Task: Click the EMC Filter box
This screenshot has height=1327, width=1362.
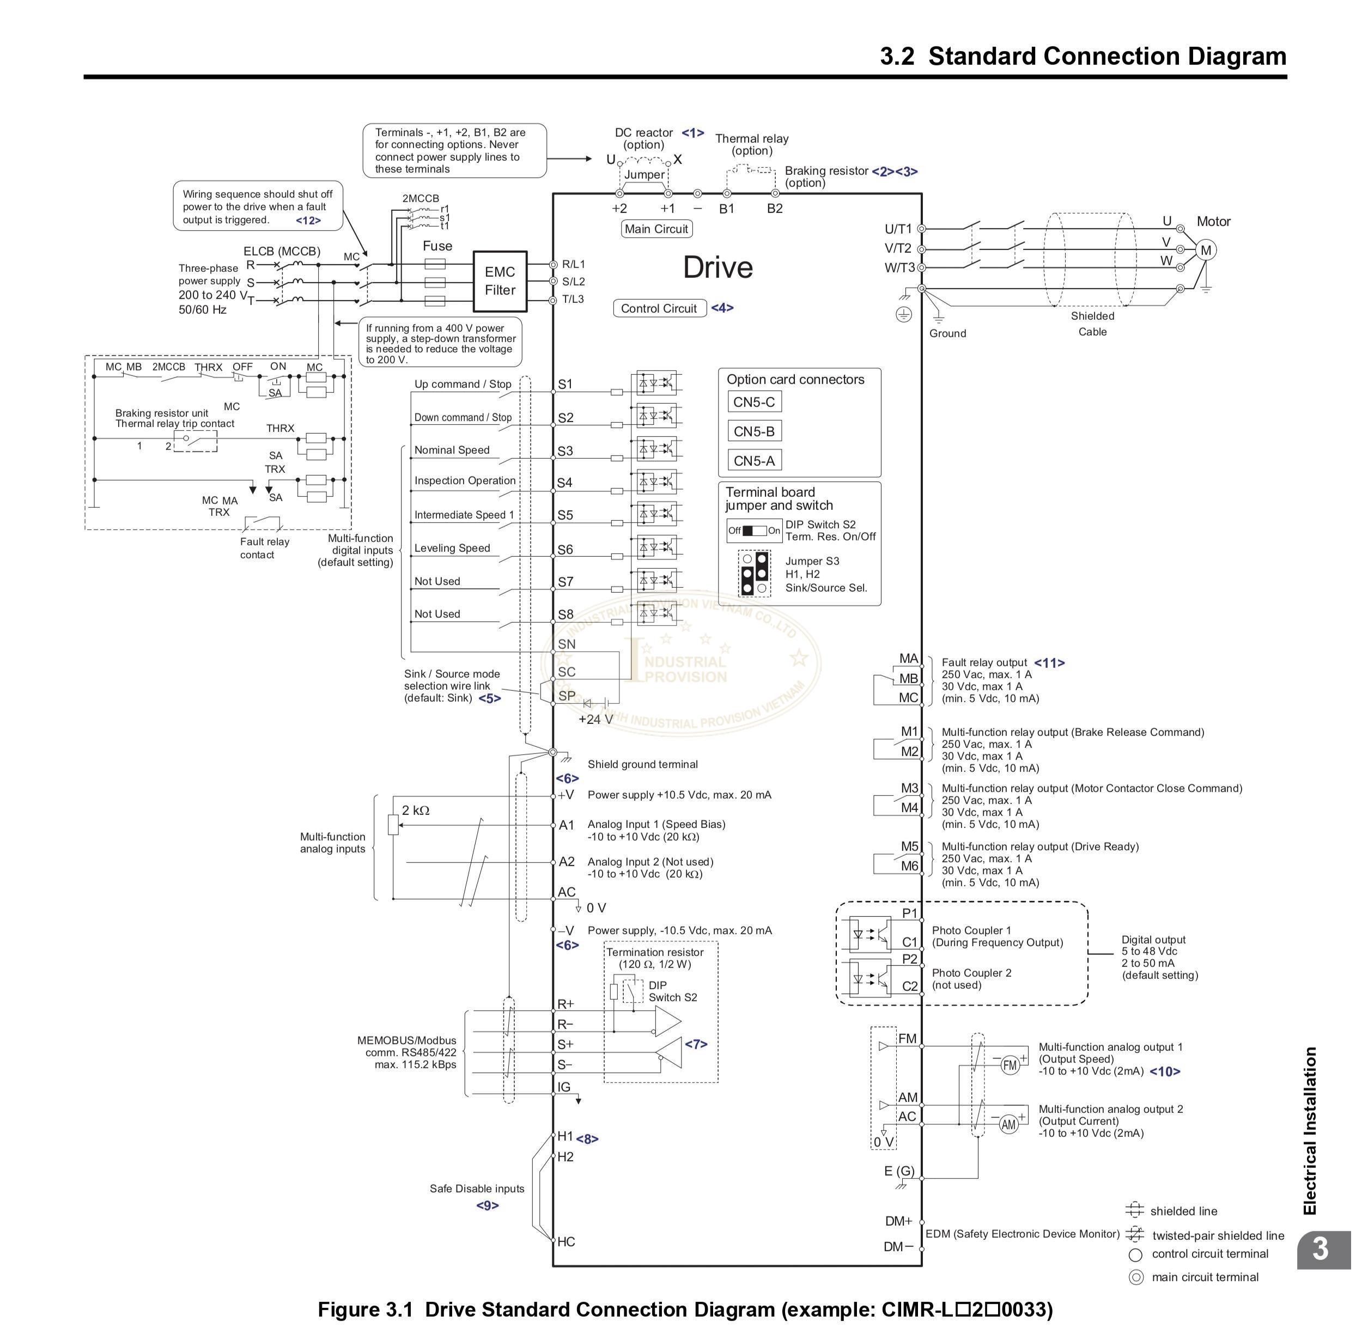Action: [x=499, y=281]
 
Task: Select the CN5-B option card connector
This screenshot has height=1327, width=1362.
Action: [x=753, y=431]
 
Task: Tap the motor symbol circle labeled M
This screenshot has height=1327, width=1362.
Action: [x=1206, y=250]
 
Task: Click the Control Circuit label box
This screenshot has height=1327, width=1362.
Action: [x=659, y=308]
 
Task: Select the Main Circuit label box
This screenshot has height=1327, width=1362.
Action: [x=656, y=229]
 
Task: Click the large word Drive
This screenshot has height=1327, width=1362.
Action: [x=718, y=267]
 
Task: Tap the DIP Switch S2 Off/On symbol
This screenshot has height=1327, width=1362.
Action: [x=753, y=531]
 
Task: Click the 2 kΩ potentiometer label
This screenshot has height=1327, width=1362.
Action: [x=416, y=810]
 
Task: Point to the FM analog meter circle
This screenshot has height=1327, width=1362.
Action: [x=1010, y=1065]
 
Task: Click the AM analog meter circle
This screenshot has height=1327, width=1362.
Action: [x=1008, y=1124]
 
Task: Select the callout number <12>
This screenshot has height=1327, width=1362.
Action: [x=308, y=220]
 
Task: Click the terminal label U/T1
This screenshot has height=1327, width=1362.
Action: [x=898, y=229]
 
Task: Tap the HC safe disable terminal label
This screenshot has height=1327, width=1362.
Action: [x=566, y=1241]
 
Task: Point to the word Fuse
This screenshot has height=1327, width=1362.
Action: [x=437, y=246]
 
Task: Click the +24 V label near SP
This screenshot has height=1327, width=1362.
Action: [x=595, y=719]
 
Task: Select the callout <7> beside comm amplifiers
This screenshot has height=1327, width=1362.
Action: [x=696, y=1044]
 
